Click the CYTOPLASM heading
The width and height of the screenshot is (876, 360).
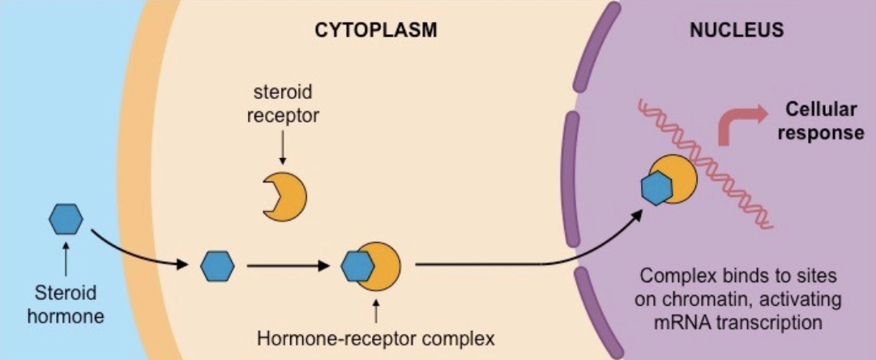pos(376,31)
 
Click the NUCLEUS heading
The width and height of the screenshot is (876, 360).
pos(736,31)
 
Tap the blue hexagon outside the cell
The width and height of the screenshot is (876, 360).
pos(65,219)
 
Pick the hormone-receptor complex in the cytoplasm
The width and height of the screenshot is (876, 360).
pos(371,265)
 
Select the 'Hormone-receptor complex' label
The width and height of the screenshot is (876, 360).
pos(375,336)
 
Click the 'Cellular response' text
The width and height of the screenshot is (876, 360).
pos(821,121)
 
